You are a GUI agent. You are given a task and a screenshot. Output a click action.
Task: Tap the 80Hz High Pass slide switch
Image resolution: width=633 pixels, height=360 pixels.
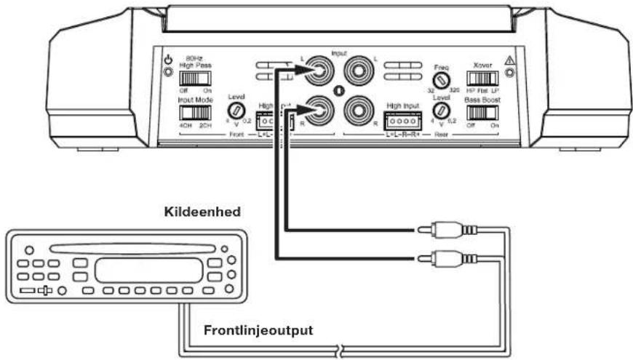(195, 79)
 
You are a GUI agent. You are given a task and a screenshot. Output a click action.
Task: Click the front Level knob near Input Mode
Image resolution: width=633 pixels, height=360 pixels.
(236, 111)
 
